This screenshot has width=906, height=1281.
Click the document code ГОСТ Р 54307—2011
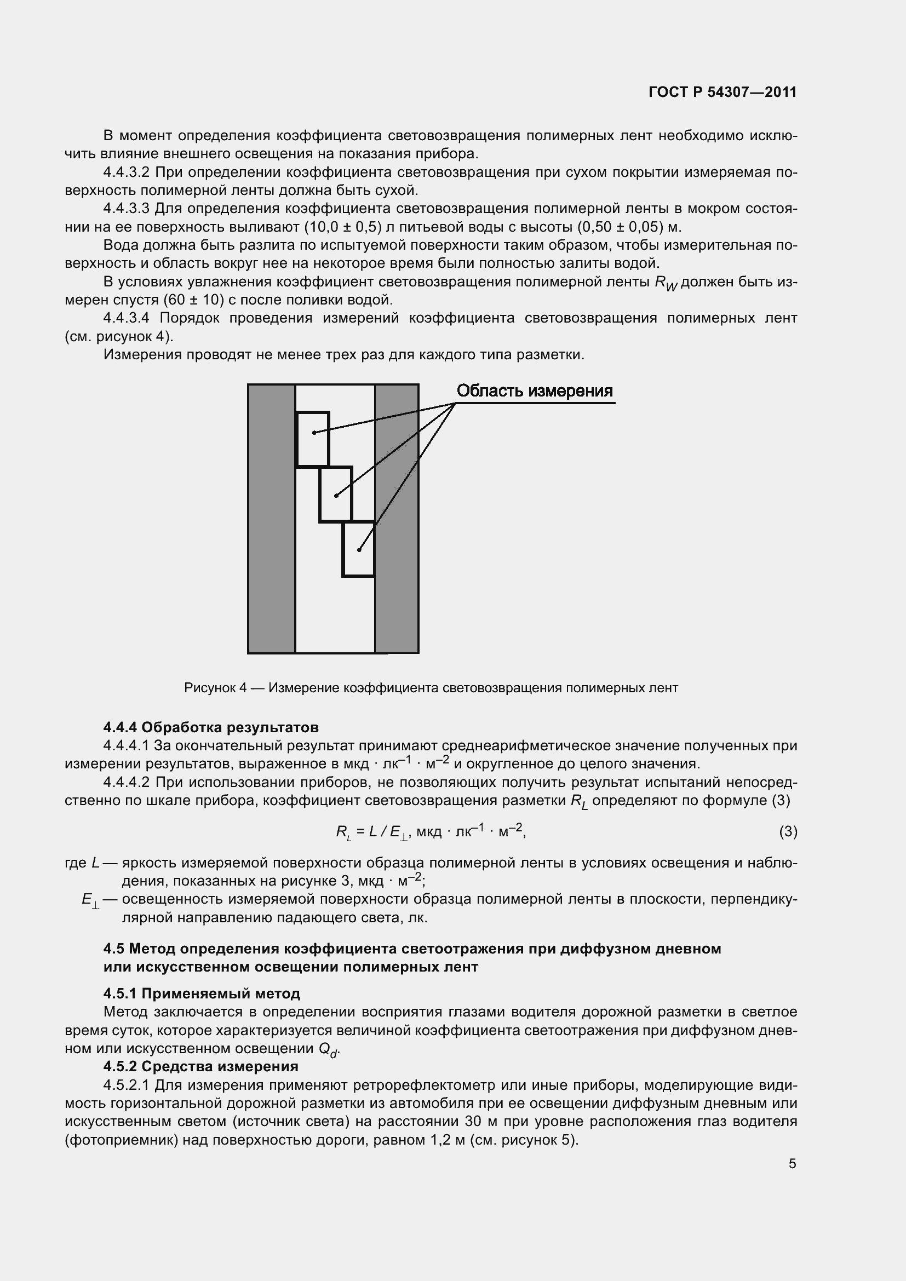722,92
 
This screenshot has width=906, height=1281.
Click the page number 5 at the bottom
792,1163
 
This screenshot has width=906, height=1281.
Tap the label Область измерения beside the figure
535,391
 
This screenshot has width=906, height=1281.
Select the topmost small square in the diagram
313,439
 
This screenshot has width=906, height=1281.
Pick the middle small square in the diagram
336,495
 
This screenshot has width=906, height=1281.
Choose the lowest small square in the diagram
358,549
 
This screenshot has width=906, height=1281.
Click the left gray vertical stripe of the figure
272,519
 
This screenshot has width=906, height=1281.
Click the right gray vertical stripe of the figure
397,519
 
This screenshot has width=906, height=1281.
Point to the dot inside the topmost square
314,433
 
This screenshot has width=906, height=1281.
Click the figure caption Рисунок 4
431,688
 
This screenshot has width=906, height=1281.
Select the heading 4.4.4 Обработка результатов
211,727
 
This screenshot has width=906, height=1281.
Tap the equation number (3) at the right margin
788,832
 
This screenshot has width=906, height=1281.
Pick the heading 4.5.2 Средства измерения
201,1066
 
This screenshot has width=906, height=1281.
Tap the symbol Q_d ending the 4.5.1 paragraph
329,1049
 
